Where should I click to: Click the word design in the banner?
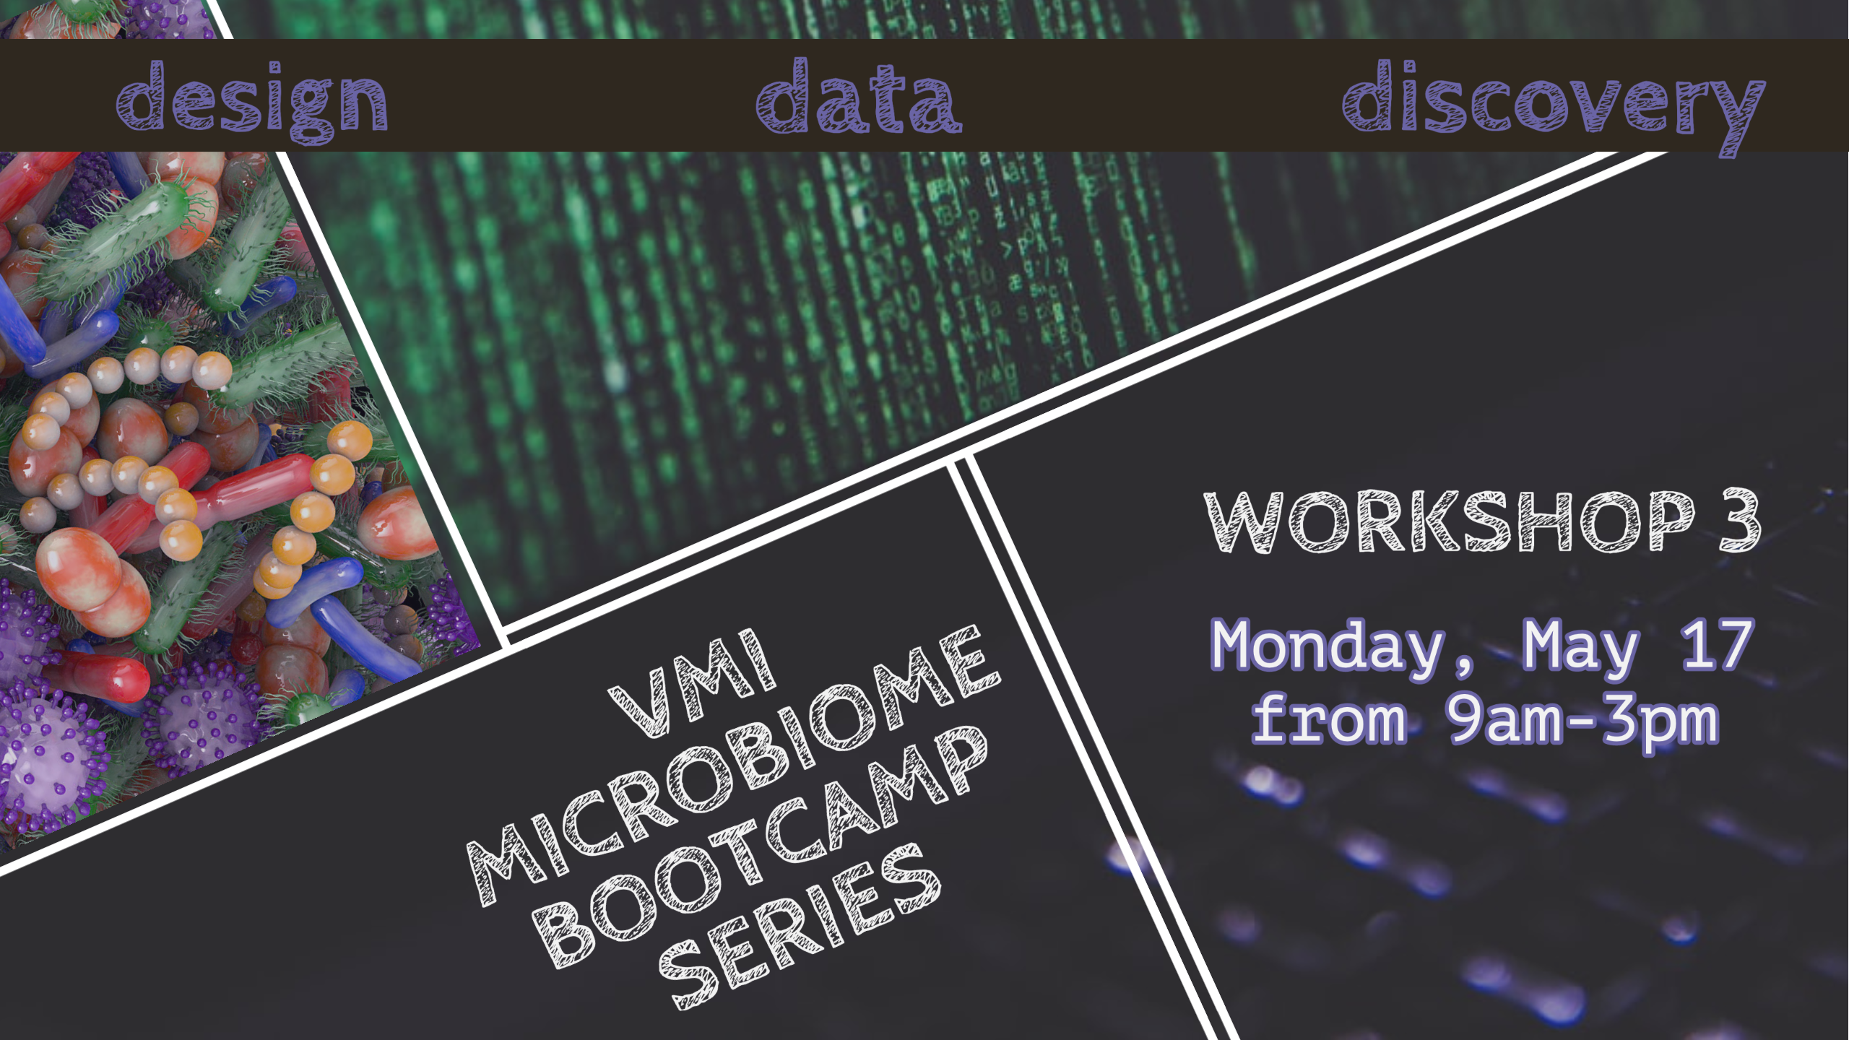(x=252, y=102)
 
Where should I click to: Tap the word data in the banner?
(x=859, y=96)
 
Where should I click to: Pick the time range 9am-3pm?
(x=1582, y=723)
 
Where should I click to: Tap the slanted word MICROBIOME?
(x=733, y=766)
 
